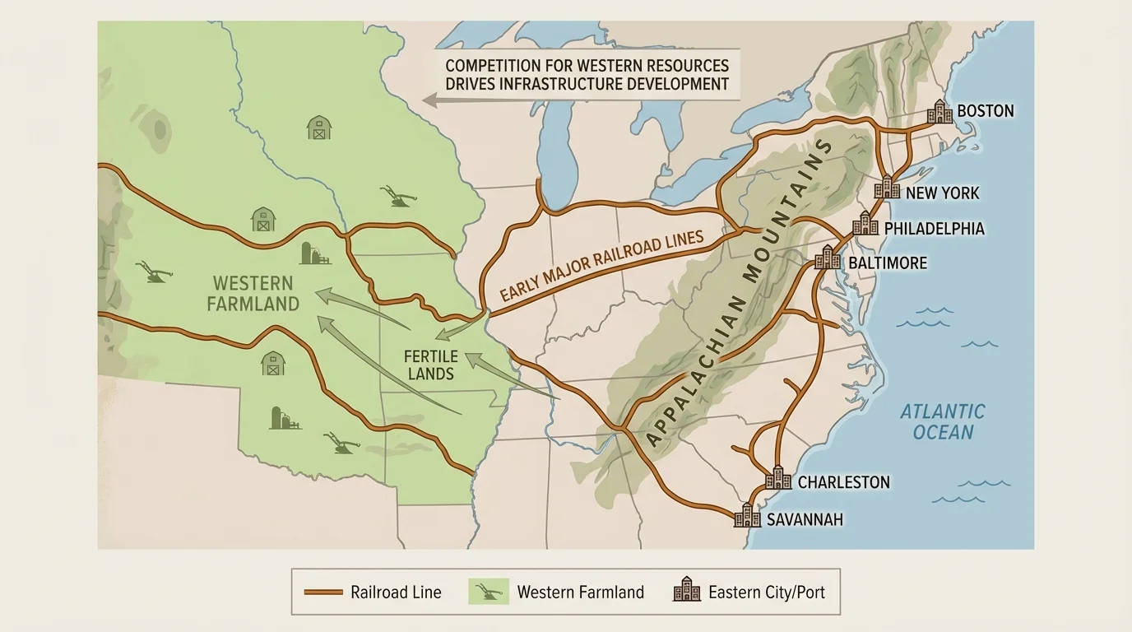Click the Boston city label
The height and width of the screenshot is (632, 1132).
986,111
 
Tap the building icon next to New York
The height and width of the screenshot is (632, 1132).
887,188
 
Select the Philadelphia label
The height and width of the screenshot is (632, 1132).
934,229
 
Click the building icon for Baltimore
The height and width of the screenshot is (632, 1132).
828,258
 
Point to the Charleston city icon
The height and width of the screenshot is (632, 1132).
778,477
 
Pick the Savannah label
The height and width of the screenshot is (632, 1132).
805,520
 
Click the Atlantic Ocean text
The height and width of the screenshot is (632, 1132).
942,421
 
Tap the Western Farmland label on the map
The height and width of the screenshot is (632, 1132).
253,294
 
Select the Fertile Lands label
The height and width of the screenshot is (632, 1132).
430,365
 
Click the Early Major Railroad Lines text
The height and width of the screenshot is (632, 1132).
602,267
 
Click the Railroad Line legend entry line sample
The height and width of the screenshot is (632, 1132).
322,592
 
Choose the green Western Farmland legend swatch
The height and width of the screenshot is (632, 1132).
485,592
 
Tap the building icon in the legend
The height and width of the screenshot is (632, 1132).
687,591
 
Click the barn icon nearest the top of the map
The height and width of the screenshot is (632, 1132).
319,128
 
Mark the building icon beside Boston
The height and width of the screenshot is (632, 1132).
939,112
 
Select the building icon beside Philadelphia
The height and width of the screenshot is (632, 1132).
865,223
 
